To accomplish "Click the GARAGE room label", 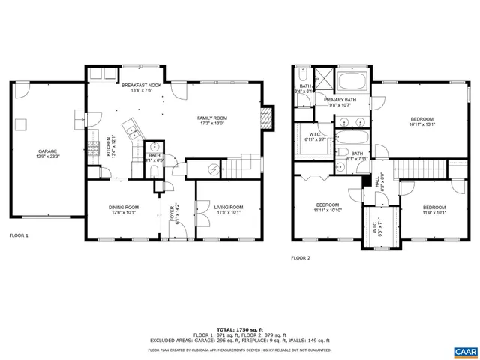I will [42, 151].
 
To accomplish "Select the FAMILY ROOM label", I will [212, 118].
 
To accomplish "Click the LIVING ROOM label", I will [229, 207].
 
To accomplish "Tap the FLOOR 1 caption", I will [19, 235].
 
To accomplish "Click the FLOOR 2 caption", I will [301, 257].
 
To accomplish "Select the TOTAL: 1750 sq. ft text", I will [240, 329].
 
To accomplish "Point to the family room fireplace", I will [263, 118].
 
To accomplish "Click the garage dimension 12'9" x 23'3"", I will [42, 157].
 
